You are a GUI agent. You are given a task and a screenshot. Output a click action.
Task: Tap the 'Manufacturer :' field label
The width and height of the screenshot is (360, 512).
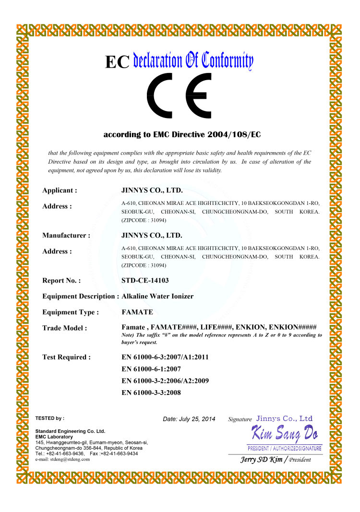point(66,236)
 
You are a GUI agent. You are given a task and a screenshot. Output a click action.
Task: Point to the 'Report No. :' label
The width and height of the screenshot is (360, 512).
point(61,281)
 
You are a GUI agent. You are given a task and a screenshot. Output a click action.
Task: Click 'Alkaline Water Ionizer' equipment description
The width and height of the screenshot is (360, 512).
point(157,297)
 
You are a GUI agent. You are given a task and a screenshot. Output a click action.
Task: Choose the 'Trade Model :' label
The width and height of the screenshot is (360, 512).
point(65,328)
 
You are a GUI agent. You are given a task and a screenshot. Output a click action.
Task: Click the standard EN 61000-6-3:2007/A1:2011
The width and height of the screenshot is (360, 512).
point(165,357)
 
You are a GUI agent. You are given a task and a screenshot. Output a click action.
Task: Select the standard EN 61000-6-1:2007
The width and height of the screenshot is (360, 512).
point(151,369)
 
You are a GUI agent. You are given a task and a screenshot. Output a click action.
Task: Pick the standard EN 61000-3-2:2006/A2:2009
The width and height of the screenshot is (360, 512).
point(165,381)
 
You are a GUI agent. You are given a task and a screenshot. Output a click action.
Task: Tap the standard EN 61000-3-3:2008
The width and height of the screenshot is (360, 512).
point(151,393)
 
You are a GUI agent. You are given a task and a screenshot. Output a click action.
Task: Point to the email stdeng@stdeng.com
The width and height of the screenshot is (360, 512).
point(62,459)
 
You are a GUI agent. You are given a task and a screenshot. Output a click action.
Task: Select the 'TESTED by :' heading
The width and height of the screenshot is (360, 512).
point(50,418)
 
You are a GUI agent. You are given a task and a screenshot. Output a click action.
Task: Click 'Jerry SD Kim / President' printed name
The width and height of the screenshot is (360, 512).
point(276,459)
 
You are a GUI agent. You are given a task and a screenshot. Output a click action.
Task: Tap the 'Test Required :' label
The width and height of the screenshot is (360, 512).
point(66,357)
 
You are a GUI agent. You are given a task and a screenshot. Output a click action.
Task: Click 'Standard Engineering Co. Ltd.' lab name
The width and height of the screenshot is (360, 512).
point(70,431)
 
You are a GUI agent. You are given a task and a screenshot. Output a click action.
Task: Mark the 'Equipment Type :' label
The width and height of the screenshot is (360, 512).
point(71,312)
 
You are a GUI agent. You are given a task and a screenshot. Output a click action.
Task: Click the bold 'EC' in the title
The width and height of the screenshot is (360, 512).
point(117,62)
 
